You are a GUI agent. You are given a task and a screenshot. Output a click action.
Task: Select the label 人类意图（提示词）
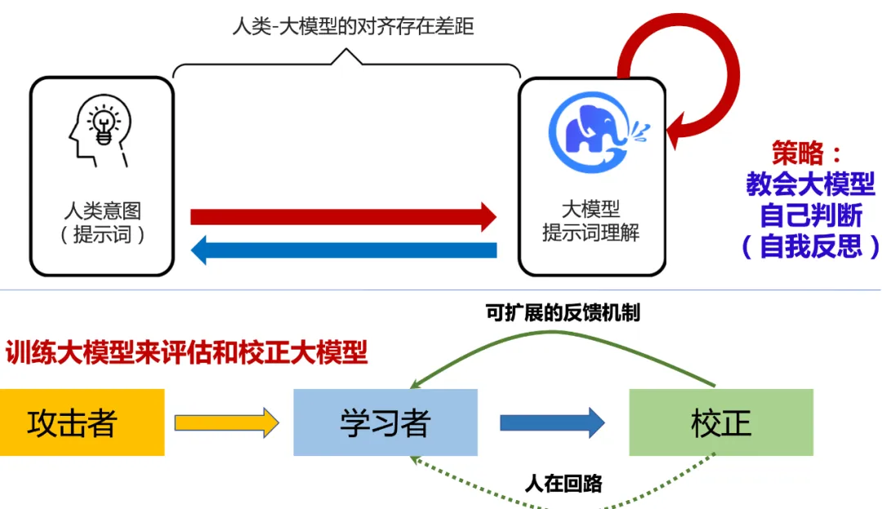(102, 224)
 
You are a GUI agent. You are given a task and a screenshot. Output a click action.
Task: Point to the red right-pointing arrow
(343, 217)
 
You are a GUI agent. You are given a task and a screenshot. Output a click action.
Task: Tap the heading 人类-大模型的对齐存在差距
(353, 26)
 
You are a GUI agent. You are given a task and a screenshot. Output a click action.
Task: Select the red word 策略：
(807, 153)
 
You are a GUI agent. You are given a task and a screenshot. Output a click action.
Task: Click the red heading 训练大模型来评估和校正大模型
(187, 353)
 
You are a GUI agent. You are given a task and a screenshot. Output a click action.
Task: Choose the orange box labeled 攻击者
(82, 422)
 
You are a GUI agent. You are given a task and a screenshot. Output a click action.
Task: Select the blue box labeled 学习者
(385, 422)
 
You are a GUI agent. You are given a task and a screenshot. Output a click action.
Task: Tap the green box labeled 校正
(720, 422)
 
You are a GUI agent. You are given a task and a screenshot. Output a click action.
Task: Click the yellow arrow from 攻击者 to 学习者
(226, 422)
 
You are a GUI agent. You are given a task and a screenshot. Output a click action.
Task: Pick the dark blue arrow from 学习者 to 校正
(552, 422)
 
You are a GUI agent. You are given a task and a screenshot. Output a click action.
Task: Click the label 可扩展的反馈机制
(562, 313)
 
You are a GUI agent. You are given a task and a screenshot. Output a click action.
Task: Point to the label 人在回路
(563, 483)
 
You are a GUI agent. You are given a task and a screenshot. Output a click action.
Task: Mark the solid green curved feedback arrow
(563, 341)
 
